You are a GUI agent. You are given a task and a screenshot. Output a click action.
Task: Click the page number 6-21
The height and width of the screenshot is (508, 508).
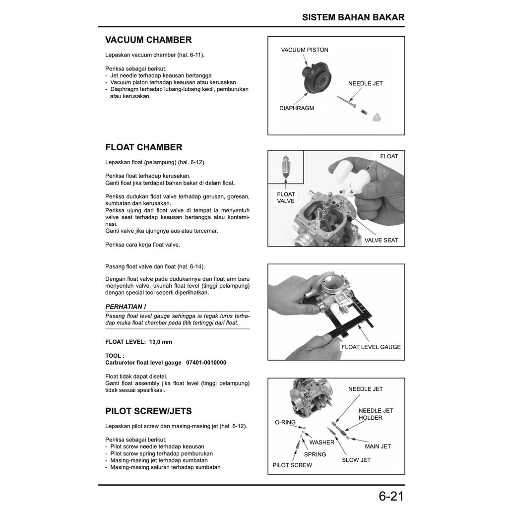click(391, 496)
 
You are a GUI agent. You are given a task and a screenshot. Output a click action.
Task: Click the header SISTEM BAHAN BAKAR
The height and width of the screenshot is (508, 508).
click(353, 17)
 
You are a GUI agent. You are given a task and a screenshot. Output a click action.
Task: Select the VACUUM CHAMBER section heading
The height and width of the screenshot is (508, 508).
click(148, 40)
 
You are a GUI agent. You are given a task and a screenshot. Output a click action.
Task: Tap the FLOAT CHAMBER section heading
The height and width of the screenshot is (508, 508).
click(144, 147)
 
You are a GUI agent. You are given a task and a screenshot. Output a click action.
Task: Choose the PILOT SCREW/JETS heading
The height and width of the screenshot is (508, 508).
click(148, 411)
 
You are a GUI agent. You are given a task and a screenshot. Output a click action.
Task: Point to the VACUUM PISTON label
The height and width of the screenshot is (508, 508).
click(304, 50)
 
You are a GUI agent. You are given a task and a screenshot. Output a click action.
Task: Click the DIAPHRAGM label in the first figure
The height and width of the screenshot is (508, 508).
click(297, 108)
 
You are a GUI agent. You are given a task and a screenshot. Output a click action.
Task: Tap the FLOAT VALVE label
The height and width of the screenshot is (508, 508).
click(286, 197)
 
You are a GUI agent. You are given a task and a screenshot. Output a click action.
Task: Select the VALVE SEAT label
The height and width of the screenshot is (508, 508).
click(381, 240)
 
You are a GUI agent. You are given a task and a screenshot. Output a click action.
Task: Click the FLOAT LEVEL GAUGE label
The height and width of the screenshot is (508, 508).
click(371, 347)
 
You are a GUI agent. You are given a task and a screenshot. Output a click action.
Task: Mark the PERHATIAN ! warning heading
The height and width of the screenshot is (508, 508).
click(126, 307)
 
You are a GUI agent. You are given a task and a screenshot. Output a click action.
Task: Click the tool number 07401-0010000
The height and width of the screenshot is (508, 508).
click(206, 363)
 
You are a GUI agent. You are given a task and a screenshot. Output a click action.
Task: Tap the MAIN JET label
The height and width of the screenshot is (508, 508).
click(378, 446)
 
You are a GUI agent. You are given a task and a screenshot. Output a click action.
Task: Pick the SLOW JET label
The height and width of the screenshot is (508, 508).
click(356, 460)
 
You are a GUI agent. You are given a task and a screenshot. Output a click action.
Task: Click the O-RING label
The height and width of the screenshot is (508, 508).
click(285, 423)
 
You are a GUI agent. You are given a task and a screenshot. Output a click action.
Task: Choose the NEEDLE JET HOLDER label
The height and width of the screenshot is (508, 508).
click(376, 414)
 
